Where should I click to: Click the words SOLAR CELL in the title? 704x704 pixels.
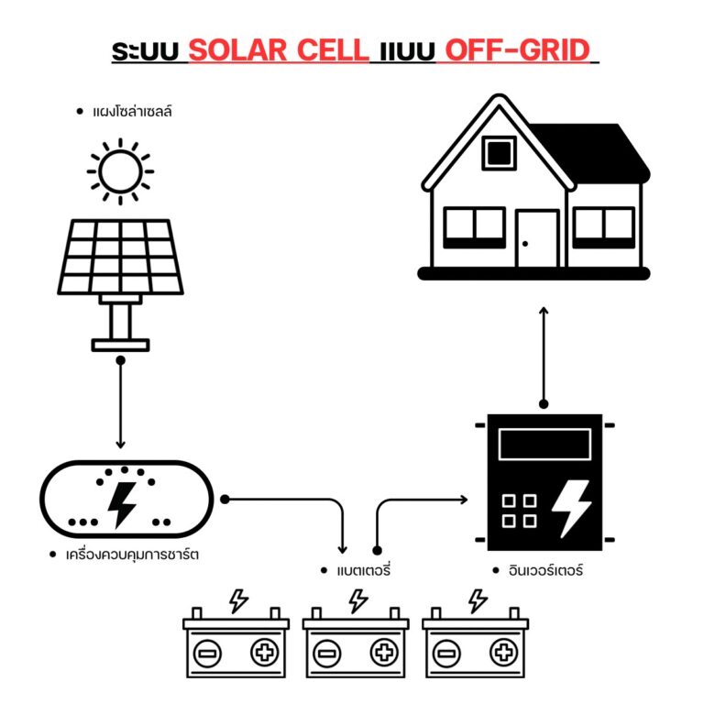pos(279,49)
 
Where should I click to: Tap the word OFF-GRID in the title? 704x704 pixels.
pos(517,49)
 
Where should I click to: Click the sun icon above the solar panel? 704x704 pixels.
pos(120,171)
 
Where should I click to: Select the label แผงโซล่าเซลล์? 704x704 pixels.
pos(132,111)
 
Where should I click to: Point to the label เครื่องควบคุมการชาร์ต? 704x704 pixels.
pos(132,555)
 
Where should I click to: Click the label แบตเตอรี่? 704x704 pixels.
pos(364,571)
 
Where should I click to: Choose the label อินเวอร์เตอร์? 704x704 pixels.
pos(545,571)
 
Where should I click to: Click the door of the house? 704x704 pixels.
pos(537,238)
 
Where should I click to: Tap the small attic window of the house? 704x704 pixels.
pos(499,153)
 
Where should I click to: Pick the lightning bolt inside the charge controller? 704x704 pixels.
pos(122,505)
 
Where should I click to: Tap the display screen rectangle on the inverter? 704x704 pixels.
pos(544,444)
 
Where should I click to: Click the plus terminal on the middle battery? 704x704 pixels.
pos(384,652)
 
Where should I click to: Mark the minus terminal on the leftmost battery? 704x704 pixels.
pos(207,653)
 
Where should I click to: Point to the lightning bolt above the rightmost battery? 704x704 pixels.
pos(478,600)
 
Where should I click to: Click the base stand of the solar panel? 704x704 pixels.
pos(120,345)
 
